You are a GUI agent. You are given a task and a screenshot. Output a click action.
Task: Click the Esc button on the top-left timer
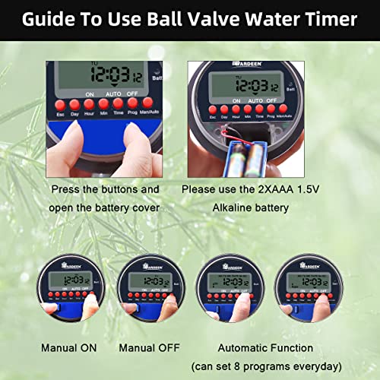tap(59, 103)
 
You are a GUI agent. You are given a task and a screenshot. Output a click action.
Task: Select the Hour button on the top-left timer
tap(88, 103)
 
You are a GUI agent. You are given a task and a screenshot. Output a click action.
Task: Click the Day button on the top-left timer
tap(74, 103)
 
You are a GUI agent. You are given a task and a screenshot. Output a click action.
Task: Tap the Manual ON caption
tap(69, 348)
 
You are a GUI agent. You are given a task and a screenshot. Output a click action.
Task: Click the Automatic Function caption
tap(265, 348)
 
